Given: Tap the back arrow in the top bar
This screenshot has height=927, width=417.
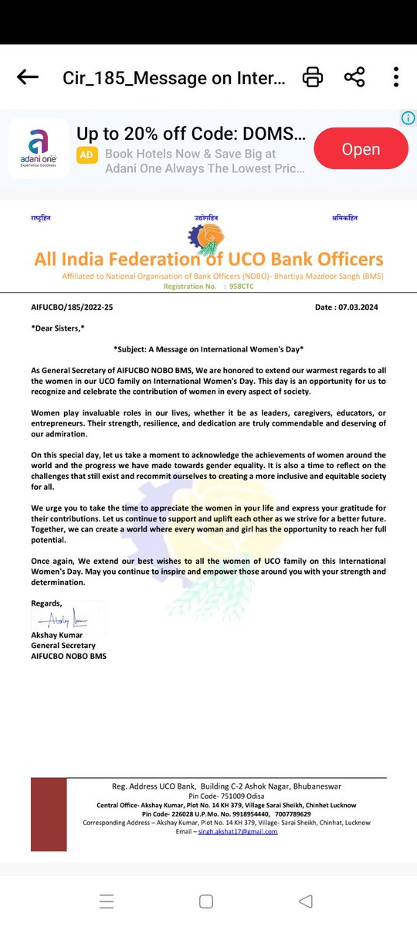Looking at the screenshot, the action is point(28,77).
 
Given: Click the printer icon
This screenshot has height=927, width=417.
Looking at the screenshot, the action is point(312,77).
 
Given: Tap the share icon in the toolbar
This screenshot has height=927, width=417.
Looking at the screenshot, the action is point(354,77).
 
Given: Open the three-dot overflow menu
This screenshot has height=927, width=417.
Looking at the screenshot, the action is point(395,77).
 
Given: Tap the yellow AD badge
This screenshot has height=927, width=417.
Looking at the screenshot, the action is point(87,154).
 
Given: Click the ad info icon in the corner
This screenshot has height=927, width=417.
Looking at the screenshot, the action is point(409,118).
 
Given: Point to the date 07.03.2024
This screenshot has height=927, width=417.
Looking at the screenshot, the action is point(360,307).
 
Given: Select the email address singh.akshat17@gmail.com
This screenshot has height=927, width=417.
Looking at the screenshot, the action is point(237,831).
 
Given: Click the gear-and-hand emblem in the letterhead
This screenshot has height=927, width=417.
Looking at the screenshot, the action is point(208,236).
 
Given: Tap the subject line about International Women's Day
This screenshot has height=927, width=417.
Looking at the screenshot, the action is point(208,349).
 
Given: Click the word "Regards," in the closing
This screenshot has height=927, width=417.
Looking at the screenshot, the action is point(46,603).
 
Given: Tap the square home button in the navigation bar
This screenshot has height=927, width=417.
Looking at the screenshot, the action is point(206,902).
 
